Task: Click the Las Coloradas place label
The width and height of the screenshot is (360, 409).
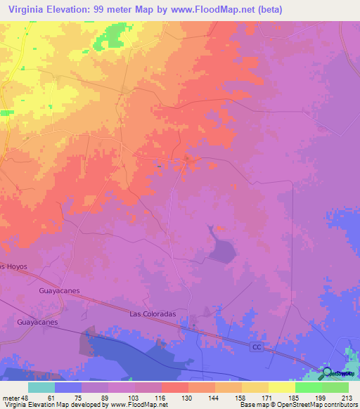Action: [x=153, y=315]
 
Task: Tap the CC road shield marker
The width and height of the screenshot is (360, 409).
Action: [x=258, y=348]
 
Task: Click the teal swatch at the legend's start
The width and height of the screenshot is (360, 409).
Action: [x=41, y=387]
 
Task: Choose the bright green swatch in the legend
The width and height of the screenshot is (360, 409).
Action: [x=308, y=387]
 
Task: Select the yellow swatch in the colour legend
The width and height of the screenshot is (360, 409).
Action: [x=281, y=387]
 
